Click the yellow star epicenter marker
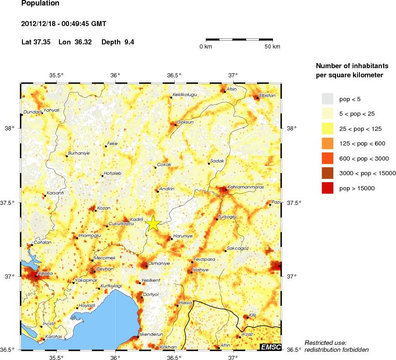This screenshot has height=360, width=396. click(x=154, y=223)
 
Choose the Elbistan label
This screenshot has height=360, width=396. click(x=268, y=95)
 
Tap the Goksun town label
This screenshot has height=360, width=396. click(x=185, y=122)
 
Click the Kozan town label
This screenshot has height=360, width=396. click(x=104, y=208)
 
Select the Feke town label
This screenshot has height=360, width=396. click(x=112, y=144)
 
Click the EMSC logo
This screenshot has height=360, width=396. click(x=270, y=347)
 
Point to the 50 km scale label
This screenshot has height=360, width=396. click(x=273, y=47)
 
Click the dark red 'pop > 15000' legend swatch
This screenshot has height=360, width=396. click(x=328, y=188)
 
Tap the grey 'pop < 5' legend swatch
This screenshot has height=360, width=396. click(x=328, y=98)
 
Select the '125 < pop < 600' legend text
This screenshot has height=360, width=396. click(x=362, y=144)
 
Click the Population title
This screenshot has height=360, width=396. click(x=40, y=3)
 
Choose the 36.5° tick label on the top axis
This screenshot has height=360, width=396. click(x=174, y=75)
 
